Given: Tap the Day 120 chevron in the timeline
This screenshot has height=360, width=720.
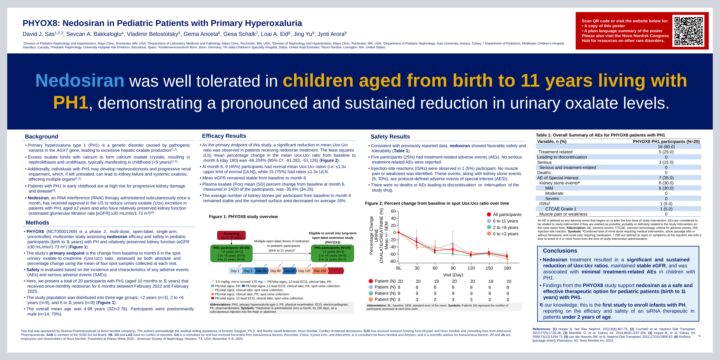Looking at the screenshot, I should pos(304,271).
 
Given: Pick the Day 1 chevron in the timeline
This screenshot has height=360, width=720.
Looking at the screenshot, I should pos(235,271).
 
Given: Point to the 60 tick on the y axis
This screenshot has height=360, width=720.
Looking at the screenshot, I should pos(393,211).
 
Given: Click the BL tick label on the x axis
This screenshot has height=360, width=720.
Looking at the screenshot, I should pos(399,268).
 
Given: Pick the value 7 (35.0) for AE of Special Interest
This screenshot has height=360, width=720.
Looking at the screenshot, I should pos(666,178).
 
